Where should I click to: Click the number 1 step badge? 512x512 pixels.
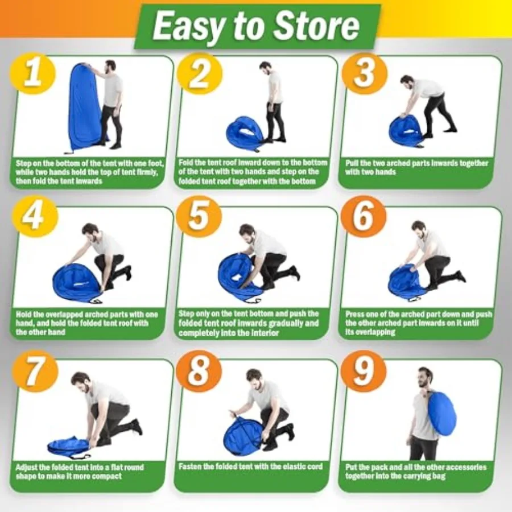click(32, 75)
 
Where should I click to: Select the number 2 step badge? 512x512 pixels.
click(199, 75)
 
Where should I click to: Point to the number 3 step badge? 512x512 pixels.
click(364, 74)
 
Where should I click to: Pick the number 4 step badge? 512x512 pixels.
click(34, 217)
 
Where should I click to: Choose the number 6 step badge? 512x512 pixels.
click(363, 217)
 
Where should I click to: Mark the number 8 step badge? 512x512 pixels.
click(199, 371)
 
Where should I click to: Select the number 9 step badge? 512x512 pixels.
click(363, 371)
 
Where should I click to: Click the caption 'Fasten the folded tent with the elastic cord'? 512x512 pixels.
click(250, 466)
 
